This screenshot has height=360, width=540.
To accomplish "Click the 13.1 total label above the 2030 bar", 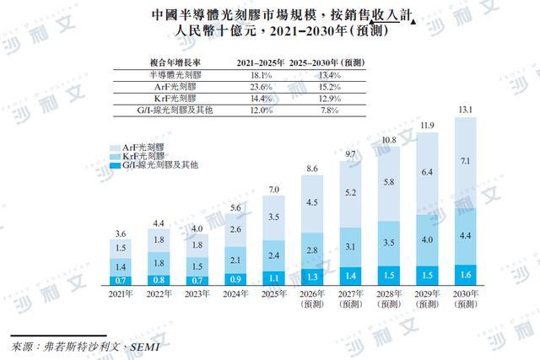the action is pyautogui.click(x=465, y=110).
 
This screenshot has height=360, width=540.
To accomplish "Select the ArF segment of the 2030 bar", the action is pyautogui.click(x=466, y=163).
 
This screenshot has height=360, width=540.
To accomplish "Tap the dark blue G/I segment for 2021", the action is pyautogui.click(x=121, y=281).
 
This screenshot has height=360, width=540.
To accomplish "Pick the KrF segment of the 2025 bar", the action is pyautogui.click(x=273, y=255).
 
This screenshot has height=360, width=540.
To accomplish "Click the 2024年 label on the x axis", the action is pyautogui.click(x=235, y=294).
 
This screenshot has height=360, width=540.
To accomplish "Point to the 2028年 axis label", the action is pyautogui.click(x=389, y=294).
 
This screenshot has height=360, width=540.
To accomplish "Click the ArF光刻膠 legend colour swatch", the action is pyautogui.click(x=115, y=148).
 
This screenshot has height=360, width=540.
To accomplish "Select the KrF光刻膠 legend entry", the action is pyautogui.click(x=137, y=156).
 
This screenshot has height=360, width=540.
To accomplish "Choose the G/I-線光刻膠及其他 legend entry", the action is pyautogui.click(x=154, y=165).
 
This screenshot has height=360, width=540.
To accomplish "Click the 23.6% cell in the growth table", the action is pyautogui.click(x=261, y=87).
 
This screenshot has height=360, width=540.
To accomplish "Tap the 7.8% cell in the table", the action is pyautogui.click(x=330, y=110).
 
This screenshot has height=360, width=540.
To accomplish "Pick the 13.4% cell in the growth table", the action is pyautogui.click(x=330, y=75).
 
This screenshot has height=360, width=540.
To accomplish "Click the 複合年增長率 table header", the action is pyautogui.click(x=175, y=62).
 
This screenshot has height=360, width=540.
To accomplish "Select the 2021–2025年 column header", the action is pyautogui.click(x=261, y=62).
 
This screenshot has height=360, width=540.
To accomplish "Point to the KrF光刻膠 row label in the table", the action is pyautogui.click(x=175, y=99).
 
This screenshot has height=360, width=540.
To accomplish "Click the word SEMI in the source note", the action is pyautogui.click(x=144, y=347).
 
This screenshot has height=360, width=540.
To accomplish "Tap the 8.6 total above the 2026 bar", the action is pyautogui.click(x=312, y=169).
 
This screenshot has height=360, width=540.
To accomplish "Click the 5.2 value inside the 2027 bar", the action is pyautogui.click(x=351, y=193).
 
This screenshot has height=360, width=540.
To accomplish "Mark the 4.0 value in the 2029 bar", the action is pyautogui.click(x=427, y=240).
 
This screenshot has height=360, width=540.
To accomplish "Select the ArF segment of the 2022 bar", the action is pyautogui.click(x=159, y=240).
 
